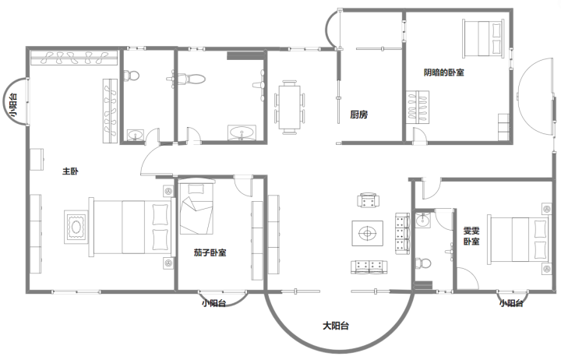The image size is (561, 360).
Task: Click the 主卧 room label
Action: [x=70, y=171]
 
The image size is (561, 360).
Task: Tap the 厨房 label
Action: [x=359, y=115]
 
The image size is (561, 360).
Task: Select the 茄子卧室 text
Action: [x=210, y=252]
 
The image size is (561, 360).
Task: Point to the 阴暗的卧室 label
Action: [x=443, y=72]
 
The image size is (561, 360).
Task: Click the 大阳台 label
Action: [x=336, y=326]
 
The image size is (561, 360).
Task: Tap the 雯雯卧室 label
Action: [x=471, y=236]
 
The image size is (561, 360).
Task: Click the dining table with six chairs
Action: [x=290, y=108]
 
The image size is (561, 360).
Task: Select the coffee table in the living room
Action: [x=368, y=233]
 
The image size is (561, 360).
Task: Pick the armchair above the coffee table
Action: [x=368, y=199]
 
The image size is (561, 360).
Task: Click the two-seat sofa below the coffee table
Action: [x=369, y=267]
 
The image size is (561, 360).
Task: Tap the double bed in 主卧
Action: [x=132, y=227]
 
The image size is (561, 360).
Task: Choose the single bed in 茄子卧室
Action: [x=196, y=207]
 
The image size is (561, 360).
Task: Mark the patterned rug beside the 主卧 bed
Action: [x=76, y=227]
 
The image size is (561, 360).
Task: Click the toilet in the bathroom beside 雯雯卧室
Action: [x=422, y=263]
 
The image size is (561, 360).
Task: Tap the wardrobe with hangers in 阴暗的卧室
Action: [x=418, y=108]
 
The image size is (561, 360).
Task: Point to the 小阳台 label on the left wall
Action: [x=13, y=105]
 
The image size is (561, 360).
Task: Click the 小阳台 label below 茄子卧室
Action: [x=213, y=303]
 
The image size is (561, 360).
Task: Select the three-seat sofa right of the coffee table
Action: [x=402, y=234]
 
